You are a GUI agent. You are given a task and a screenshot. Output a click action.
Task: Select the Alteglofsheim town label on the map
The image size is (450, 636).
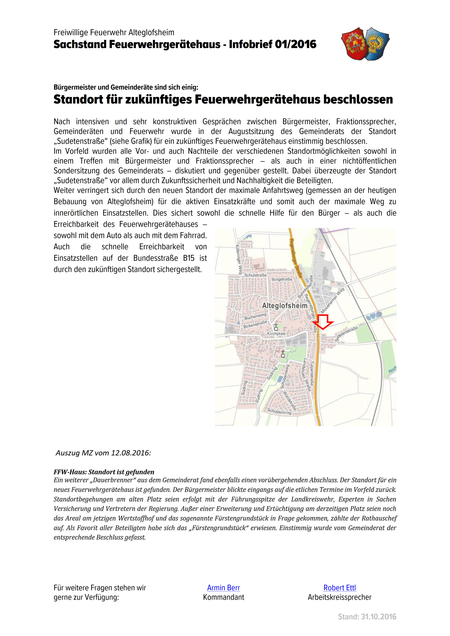click(x=285, y=306)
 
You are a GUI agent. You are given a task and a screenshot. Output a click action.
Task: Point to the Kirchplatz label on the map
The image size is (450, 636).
click(x=276, y=334)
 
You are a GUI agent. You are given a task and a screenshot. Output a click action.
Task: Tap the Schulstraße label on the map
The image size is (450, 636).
click(x=255, y=275)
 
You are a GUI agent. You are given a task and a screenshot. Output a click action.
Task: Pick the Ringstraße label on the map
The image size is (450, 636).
click(x=282, y=279)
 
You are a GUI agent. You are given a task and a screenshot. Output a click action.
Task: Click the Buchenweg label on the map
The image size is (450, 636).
click(x=255, y=316)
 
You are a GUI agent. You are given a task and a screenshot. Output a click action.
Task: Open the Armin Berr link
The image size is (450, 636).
click(x=223, y=588)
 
